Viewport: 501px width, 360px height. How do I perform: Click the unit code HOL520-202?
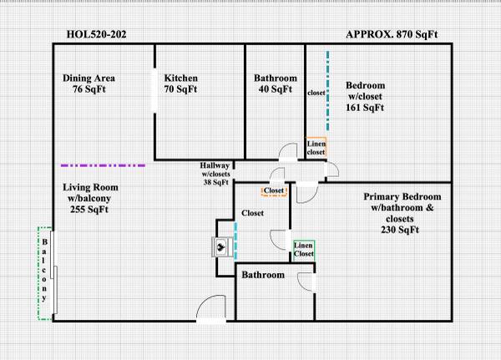click(x=97, y=34)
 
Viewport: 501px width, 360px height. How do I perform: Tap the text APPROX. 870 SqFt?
click(x=392, y=34)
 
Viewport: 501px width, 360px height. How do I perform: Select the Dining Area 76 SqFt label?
click(x=89, y=84)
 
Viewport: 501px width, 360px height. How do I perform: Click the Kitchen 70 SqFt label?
click(x=181, y=84)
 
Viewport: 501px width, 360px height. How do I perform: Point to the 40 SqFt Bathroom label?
click(x=275, y=84)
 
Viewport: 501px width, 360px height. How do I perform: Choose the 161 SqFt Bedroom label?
click(x=365, y=96)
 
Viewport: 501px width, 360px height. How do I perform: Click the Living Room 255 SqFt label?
click(x=90, y=198)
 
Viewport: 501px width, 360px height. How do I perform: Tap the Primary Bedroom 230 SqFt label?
click(x=402, y=213)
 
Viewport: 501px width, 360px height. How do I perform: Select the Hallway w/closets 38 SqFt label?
click(x=215, y=174)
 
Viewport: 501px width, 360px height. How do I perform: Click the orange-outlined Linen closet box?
click(x=316, y=147)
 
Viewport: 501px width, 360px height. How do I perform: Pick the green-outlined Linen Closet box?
click(x=304, y=251)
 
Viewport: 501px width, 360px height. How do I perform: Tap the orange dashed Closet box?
click(x=274, y=191)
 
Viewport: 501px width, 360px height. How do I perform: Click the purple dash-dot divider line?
click(x=103, y=165)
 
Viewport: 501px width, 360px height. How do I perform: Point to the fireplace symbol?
click(x=221, y=246)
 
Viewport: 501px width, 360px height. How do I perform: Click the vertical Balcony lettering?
click(x=44, y=270)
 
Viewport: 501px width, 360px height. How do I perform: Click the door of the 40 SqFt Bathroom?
click(x=288, y=151)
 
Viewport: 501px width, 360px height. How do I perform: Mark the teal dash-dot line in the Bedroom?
click(x=327, y=91)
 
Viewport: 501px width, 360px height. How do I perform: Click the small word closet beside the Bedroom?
click(x=316, y=93)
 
